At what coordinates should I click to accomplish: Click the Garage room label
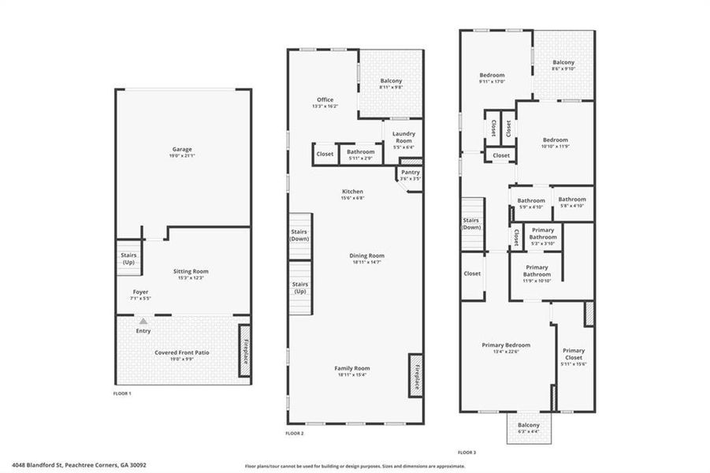182,149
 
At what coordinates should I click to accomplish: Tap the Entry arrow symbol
143,322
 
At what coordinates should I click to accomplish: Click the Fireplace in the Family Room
415,374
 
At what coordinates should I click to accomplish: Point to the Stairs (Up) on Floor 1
127,259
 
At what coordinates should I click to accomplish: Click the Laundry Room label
403,137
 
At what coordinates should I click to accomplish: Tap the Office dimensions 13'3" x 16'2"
325,106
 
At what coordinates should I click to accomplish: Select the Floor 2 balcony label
391,81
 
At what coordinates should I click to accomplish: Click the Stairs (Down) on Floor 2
299,235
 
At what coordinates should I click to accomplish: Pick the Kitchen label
352,192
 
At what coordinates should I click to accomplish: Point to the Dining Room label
367,255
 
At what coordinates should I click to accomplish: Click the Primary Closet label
574,354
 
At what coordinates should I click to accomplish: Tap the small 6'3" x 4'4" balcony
529,428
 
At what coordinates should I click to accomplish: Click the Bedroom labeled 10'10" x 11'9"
555,143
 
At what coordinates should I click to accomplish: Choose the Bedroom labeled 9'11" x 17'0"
492,77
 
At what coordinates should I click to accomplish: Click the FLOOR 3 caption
468,453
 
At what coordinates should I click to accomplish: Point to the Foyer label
140,292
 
